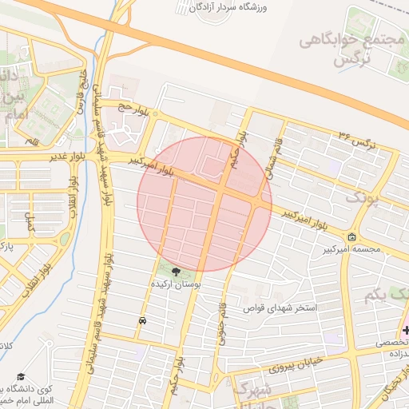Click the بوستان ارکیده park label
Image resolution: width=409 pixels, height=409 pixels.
pyautogui.click(x=177, y=284)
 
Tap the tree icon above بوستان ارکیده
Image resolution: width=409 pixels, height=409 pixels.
pyautogui.click(x=176, y=272)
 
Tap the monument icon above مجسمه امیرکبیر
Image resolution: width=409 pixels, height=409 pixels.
pyautogui.click(x=352, y=238)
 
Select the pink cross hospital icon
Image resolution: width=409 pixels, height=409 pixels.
pyautogui.click(x=405, y=330)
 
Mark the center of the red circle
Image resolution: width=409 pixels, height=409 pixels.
pyautogui.click(x=204, y=203)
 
